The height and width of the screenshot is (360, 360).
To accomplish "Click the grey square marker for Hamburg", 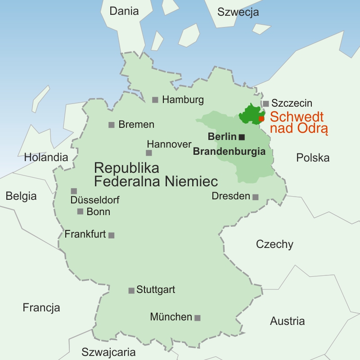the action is pos(155,100).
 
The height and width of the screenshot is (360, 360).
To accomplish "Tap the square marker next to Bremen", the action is pos(112,125).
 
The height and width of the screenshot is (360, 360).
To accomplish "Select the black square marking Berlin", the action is pos(242,137).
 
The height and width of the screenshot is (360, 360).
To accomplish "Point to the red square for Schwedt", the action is pos(261,119).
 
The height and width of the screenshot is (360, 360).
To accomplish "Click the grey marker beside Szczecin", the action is pos(266,103).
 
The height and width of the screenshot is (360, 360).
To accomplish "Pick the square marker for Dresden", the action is pos(256,197).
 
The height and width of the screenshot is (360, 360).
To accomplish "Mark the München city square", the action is pos(197,318).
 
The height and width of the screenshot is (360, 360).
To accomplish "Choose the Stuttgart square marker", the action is pos(131,291).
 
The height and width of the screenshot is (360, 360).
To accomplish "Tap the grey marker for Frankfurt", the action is pos(112,235).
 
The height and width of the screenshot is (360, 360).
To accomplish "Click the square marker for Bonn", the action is pos(80,211).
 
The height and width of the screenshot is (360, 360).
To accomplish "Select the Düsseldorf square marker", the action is pos(74,191).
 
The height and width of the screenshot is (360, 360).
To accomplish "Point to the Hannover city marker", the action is pos(149,153).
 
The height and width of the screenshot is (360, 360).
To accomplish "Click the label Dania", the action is pos(124,11).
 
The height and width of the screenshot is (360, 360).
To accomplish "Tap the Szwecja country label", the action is pos(238,12).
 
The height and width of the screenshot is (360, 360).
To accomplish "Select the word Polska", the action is pos(313,157).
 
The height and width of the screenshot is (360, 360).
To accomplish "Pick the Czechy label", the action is pos(274,244).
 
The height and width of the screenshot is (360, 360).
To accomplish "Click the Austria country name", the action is pos(287,321).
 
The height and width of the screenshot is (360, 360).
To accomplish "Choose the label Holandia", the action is pos(46,157).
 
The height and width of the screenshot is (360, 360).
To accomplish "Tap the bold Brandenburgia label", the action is pos(229,152).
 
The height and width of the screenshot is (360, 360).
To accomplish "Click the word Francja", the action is pos(41,308).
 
